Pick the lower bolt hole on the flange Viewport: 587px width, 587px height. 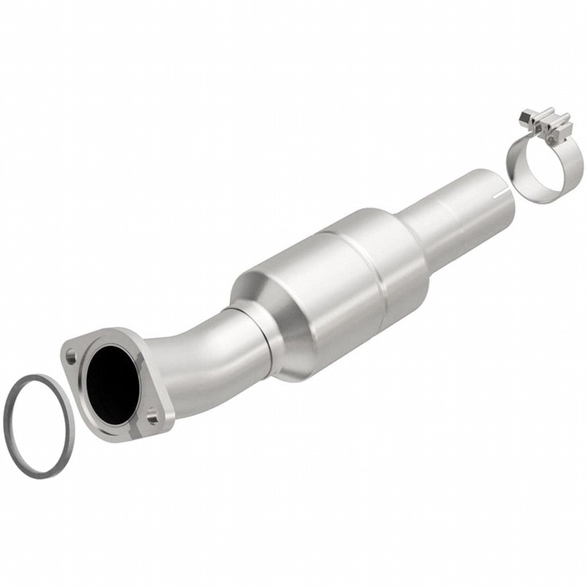(x=152, y=411)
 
